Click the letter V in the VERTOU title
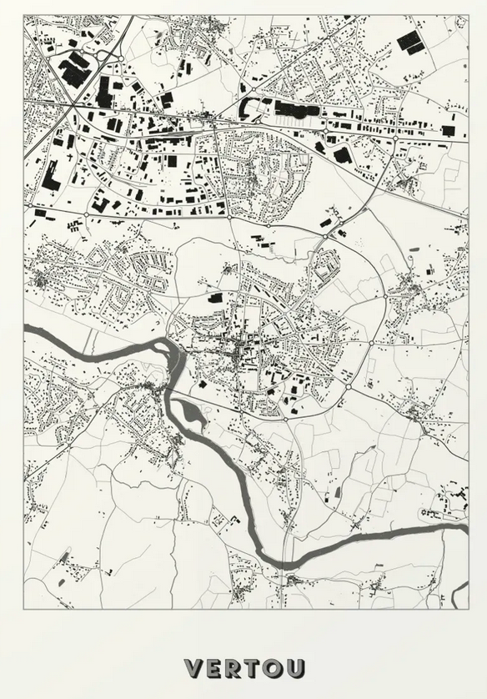[194, 668]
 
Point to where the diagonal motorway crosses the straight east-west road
[73, 104]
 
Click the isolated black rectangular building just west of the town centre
[215, 298]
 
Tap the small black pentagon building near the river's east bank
[202, 385]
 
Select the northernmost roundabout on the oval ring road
[326, 238]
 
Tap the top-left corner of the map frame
[24, 16]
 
